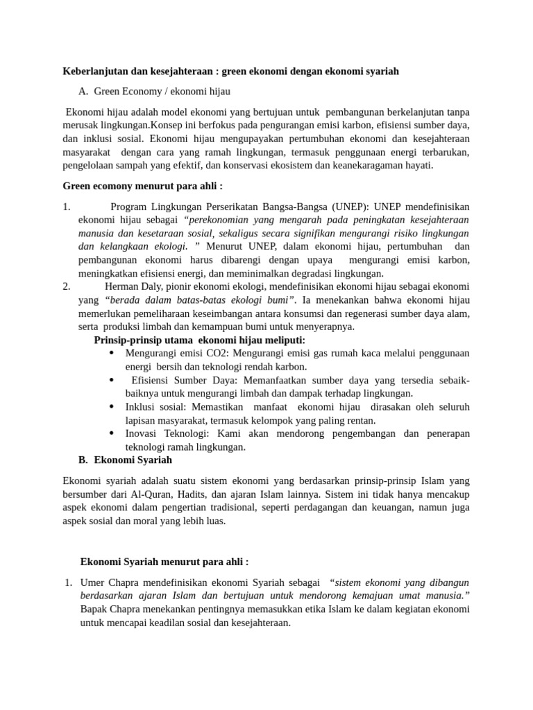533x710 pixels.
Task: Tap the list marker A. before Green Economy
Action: [84, 91]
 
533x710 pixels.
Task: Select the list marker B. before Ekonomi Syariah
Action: [84, 460]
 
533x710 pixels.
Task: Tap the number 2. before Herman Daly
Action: [67, 286]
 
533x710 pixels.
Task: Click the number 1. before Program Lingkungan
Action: [67, 207]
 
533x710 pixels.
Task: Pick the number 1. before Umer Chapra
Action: [68, 583]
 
